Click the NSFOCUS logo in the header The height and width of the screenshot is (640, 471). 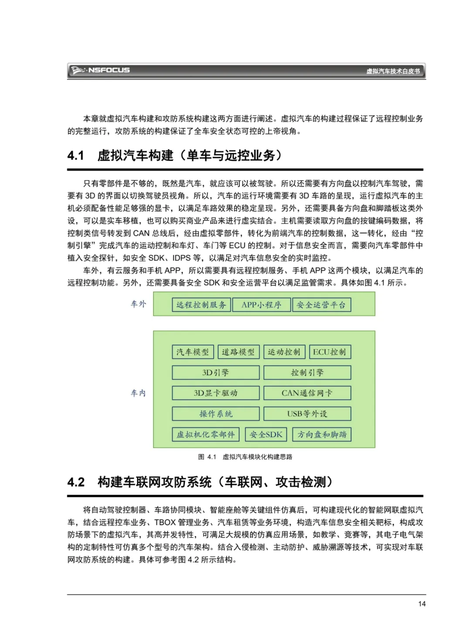click(101, 70)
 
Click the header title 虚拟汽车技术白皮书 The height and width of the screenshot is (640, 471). click(392, 71)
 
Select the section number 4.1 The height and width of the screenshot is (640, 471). click(75, 155)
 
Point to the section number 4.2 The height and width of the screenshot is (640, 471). click(76, 482)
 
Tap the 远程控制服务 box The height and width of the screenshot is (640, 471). click(201, 305)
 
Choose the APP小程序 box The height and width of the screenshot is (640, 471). click(261, 305)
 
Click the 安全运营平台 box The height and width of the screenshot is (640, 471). click(321, 305)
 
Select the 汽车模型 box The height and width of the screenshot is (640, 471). click(193, 352)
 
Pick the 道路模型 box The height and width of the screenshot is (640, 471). click(238, 352)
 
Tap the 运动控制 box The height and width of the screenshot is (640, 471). click(284, 352)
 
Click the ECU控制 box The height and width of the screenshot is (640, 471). click(329, 352)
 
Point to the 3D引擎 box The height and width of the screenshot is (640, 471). click(215, 372)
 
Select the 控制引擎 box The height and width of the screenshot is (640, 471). click(307, 372)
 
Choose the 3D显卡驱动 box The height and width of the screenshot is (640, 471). click(215, 393)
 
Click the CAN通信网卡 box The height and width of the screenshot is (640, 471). click(307, 393)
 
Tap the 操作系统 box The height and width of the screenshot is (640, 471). click(215, 413)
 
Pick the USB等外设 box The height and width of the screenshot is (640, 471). click(307, 413)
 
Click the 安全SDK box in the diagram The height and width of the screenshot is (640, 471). click(266, 434)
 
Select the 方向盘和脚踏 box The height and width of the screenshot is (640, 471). click(322, 434)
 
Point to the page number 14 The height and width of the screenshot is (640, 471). click(421, 604)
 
